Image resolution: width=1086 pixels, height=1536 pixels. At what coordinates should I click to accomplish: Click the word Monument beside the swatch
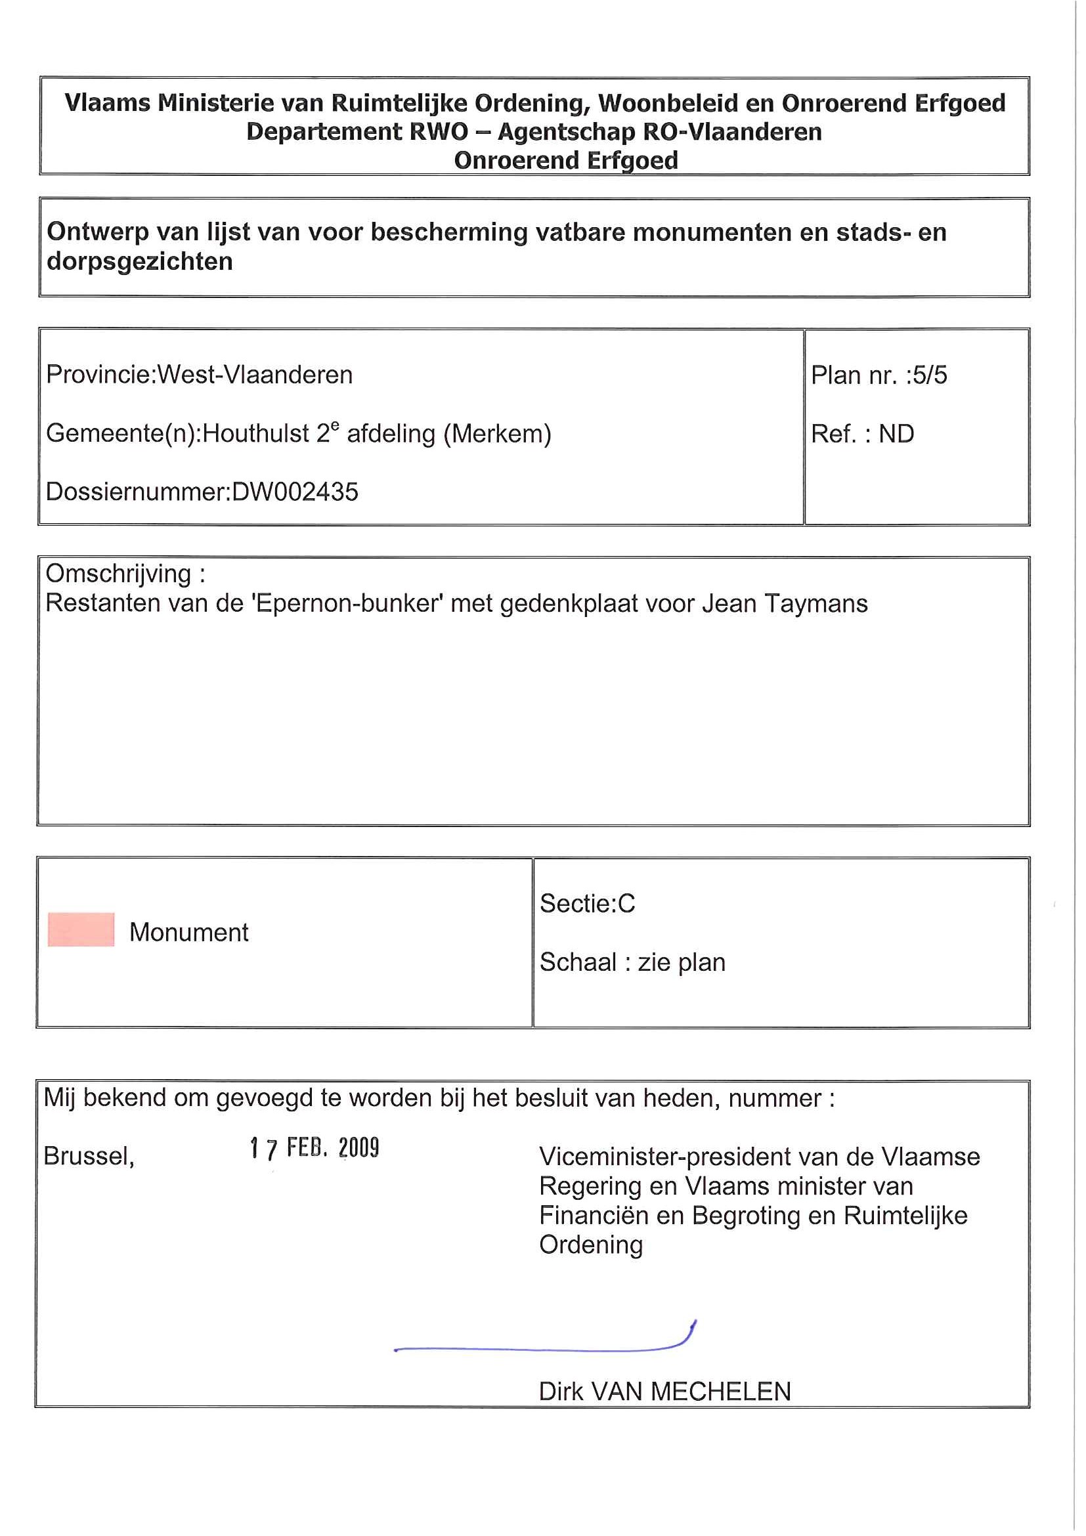click(188, 932)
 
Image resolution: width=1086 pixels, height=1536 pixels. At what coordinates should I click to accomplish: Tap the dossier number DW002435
click(295, 492)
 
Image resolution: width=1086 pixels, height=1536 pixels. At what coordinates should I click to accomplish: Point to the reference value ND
click(896, 434)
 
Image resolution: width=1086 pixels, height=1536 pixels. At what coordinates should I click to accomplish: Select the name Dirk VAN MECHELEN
click(664, 1392)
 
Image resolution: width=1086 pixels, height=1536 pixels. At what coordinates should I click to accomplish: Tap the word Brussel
click(89, 1156)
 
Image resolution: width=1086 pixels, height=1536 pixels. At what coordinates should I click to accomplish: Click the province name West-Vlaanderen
click(255, 375)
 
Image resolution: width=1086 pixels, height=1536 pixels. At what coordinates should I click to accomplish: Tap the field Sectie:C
click(587, 904)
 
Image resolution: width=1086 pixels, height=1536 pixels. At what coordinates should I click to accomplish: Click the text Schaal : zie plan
click(632, 962)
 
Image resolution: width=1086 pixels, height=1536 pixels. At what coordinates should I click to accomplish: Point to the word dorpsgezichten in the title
click(140, 261)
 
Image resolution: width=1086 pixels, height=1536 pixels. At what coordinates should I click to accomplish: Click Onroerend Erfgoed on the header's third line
click(566, 161)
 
